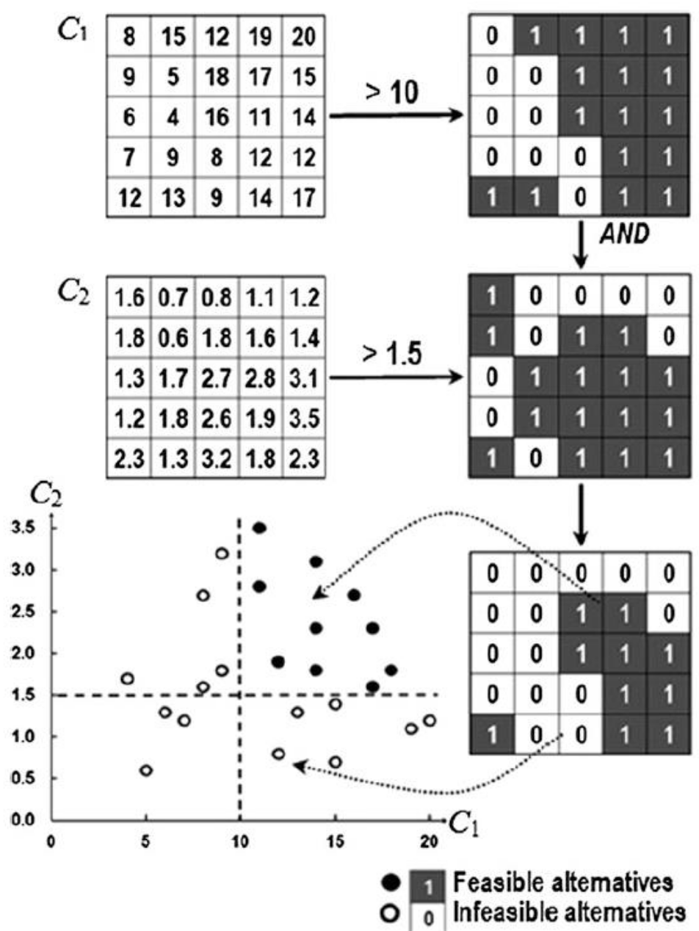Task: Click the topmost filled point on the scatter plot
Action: (x=259, y=528)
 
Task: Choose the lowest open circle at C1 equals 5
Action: (x=146, y=770)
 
